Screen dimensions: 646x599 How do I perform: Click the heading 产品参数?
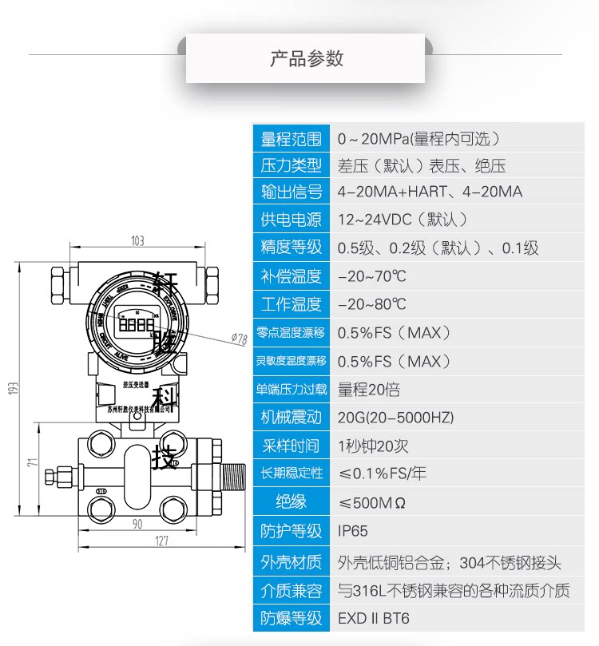coord(306,58)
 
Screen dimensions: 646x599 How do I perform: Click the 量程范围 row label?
coord(291,139)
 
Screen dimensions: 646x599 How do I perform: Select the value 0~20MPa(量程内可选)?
coord(409,139)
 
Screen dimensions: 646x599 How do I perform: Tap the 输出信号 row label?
coord(291,192)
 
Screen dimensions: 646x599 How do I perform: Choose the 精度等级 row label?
coord(291,248)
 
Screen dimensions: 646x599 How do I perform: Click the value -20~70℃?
coord(372,276)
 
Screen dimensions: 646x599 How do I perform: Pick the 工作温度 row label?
coord(291,304)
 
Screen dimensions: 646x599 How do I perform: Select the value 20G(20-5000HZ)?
coord(395,417)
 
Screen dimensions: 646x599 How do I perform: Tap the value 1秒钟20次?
coord(373,446)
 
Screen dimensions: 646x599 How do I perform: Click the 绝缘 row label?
coord(291,502)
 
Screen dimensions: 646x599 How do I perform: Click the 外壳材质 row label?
coord(291,562)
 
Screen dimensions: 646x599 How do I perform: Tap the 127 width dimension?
coord(161,541)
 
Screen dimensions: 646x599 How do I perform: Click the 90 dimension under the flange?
coord(137,524)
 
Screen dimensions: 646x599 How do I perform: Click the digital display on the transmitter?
coord(134,323)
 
